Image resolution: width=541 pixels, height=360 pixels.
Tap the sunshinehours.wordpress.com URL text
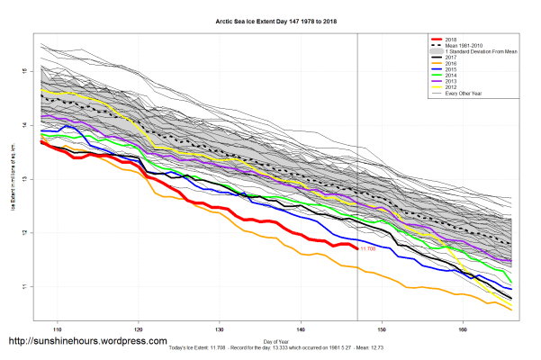(87, 342)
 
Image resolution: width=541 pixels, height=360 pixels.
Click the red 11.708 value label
(367, 248)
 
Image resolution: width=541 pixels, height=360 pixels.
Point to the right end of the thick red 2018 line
(357, 247)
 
